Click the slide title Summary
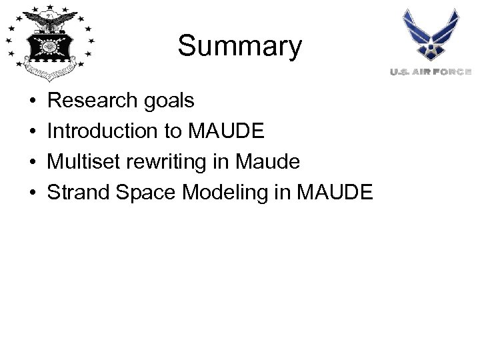tap(239, 47)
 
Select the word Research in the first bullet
tap(87, 101)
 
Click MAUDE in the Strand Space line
tap(335, 193)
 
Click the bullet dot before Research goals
tap(33, 101)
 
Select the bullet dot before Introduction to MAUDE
tap(33, 132)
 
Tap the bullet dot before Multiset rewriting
tap(33, 163)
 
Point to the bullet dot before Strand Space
tap(33, 193)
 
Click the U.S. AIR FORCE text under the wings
tap(431, 71)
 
